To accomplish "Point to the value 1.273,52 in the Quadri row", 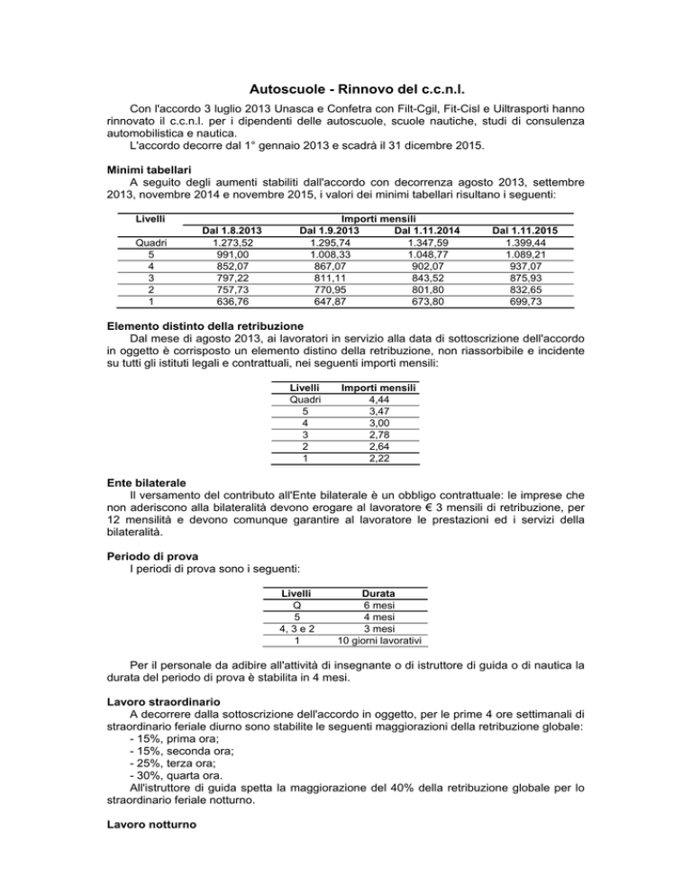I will pos(216,243).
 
